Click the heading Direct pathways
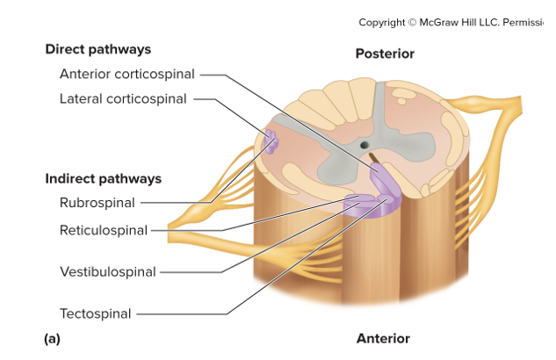click(x=98, y=49)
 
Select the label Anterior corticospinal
click(x=126, y=74)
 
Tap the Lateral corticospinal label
click(x=123, y=98)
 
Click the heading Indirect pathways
click(x=103, y=178)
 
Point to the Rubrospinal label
click(x=97, y=203)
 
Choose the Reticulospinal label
click(x=103, y=231)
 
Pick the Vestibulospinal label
click(x=107, y=271)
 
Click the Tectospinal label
click(x=95, y=313)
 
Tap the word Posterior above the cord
click(x=384, y=54)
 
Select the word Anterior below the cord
click(x=383, y=338)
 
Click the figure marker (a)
click(x=52, y=337)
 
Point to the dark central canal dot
click(x=363, y=144)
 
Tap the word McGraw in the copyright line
click(x=450, y=22)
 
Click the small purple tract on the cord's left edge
click(x=271, y=141)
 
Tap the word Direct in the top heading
click(x=67, y=49)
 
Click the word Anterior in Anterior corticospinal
click(x=86, y=74)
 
